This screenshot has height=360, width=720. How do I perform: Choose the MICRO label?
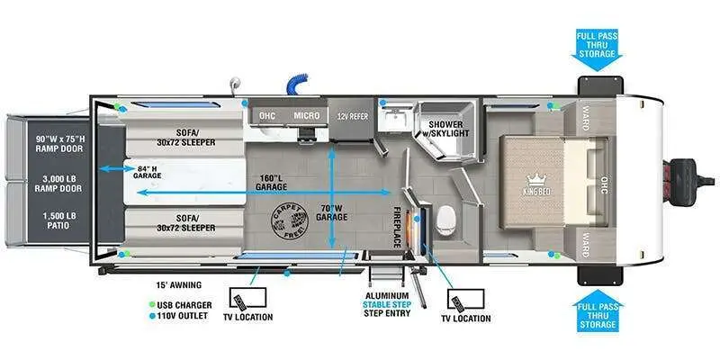306,116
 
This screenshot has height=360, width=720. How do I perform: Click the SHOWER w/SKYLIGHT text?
447,128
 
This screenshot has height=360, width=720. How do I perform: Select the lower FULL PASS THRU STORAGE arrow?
597,310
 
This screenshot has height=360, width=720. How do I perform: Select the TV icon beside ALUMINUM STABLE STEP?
463,299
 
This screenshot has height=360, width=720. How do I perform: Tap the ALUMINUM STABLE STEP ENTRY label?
388,307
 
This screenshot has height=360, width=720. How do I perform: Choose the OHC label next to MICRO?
266,116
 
